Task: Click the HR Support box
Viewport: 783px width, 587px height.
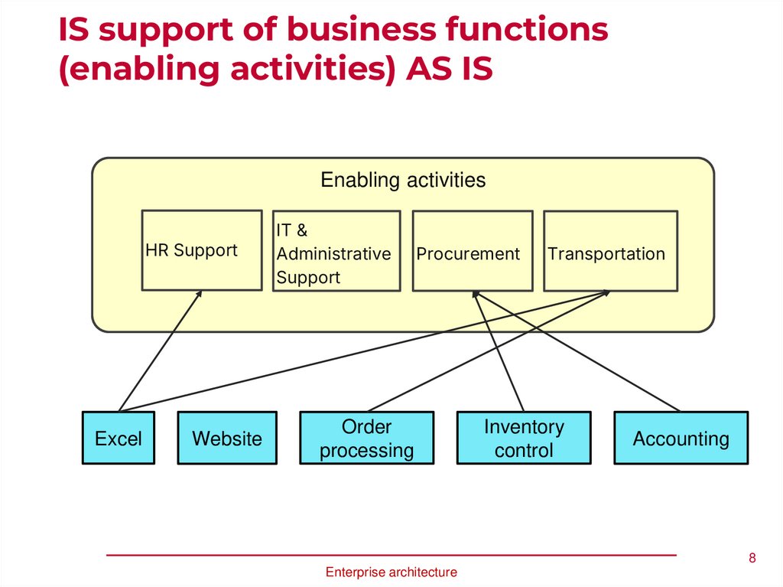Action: [202, 250]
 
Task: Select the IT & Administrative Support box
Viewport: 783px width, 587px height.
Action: [336, 251]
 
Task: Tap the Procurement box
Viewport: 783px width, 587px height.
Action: [472, 251]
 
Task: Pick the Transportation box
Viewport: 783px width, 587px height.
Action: [610, 251]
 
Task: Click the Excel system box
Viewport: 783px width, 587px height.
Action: [119, 439]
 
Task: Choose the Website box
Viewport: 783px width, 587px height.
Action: [227, 439]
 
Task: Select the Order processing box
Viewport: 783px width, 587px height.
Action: [366, 439]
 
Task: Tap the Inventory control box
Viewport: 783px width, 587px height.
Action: [524, 439]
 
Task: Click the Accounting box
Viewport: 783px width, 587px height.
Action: [681, 439]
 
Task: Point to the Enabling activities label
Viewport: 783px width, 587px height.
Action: [403, 181]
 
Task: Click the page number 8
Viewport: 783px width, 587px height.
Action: [752, 557]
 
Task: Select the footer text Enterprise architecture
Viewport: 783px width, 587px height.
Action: [391, 572]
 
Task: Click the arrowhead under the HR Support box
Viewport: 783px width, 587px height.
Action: [200, 293]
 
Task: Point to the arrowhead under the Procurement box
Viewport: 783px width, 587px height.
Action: [475, 294]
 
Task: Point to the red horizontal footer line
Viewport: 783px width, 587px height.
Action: [391, 554]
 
